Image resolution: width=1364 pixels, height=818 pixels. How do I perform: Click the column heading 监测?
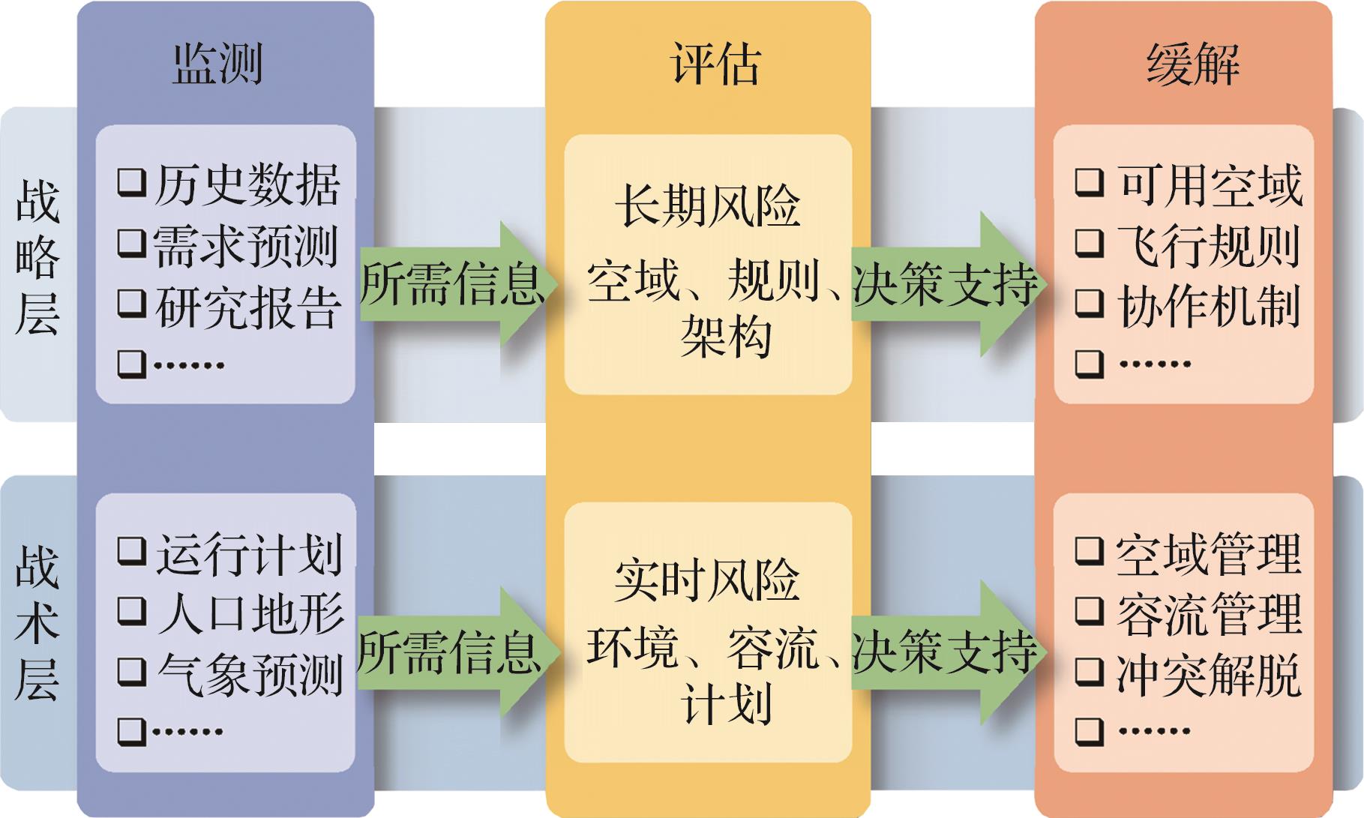(217, 63)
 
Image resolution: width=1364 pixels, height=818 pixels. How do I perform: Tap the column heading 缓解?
(1192, 63)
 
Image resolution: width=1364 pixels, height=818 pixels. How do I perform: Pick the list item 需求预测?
(245, 245)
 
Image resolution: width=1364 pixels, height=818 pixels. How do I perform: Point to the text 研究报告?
(248, 306)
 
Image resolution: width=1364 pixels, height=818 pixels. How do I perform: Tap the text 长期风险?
(707, 205)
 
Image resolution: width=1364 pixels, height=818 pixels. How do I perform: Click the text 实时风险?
(707, 580)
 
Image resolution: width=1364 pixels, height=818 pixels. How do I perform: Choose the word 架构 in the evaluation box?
(725, 337)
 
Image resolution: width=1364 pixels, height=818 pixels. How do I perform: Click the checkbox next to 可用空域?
(1090, 182)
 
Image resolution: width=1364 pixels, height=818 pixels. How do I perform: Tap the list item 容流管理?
(1208, 613)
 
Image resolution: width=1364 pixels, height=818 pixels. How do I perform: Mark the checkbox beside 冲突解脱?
(1090, 673)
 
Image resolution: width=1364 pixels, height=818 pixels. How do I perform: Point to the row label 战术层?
(37, 623)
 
